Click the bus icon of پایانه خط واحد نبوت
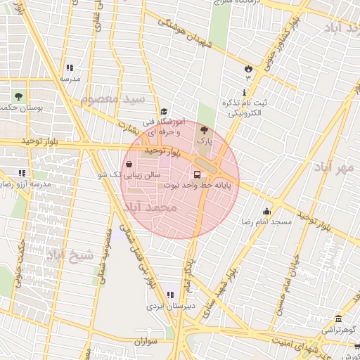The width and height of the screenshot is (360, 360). (196, 174)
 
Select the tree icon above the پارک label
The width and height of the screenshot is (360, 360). (204, 130)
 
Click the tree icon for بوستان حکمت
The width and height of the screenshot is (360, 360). (18, 96)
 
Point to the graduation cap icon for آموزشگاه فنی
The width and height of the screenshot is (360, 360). (164, 111)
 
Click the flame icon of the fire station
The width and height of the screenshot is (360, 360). (247, 67)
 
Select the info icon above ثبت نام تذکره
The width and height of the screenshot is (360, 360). (243, 92)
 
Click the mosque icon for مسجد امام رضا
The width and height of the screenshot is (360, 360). (266, 211)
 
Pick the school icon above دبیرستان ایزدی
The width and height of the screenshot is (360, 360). (169, 295)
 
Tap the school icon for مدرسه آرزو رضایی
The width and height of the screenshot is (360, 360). (22, 172)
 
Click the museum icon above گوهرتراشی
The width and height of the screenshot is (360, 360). (339, 319)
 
